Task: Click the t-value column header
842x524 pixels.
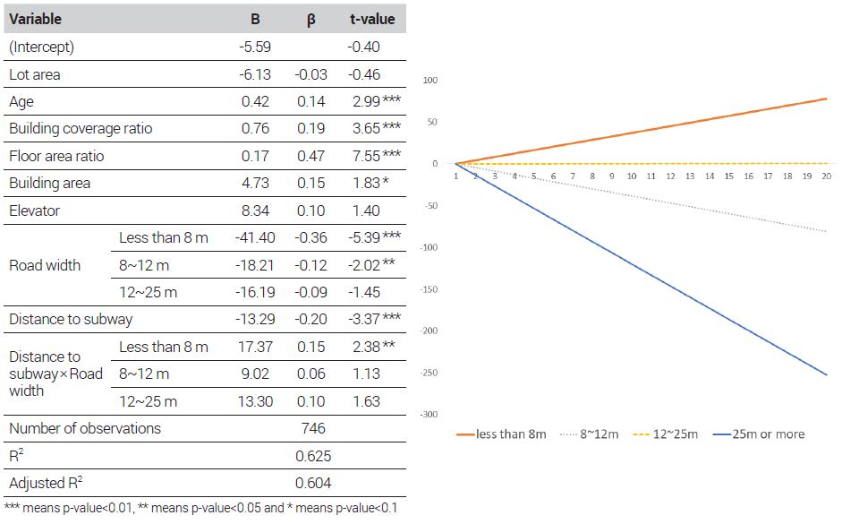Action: (371, 20)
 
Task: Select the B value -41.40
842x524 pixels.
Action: (254, 237)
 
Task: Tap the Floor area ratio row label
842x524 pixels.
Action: (56, 156)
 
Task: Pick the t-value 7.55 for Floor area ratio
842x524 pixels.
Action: (368, 156)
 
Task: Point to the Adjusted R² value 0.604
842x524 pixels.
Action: (313, 483)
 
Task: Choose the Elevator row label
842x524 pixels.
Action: (34, 210)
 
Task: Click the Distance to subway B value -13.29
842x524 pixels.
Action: (254, 320)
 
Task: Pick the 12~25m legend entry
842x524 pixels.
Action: (668, 434)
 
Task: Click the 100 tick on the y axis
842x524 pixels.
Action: (430, 81)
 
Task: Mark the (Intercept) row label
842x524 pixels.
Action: (41, 47)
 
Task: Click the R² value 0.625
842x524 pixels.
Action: (313, 456)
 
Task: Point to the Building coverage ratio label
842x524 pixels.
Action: (81, 128)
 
